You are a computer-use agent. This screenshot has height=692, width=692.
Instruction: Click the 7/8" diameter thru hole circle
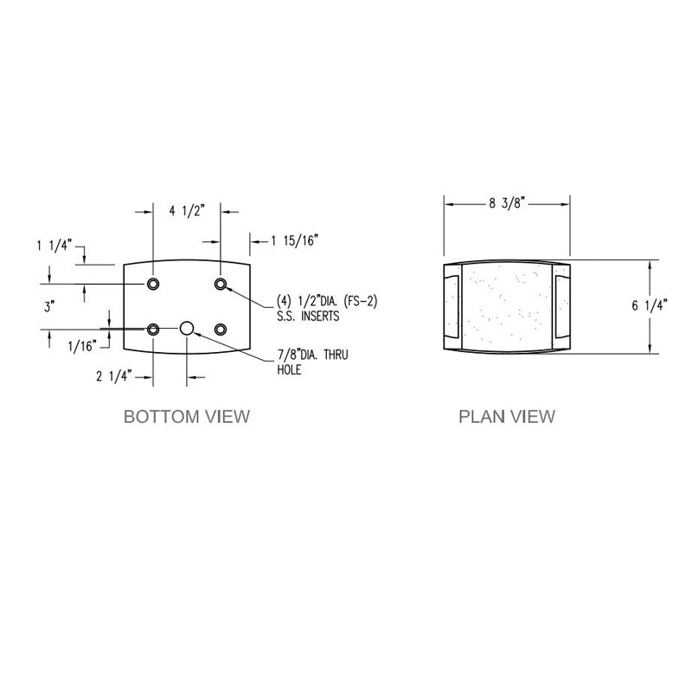tap(187, 329)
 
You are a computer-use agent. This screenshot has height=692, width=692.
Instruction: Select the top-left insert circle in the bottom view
tap(153, 285)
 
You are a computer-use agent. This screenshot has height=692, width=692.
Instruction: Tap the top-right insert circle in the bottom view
tap(221, 285)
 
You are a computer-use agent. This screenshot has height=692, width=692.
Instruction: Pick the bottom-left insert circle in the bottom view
tap(153, 330)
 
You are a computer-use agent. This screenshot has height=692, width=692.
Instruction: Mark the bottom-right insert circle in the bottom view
tap(221, 330)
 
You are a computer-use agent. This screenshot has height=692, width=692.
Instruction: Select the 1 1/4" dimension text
tap(54, 245)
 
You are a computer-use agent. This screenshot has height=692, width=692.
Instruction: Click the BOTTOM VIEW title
tap(187, 417)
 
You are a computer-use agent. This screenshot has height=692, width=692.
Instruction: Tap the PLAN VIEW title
tap(507, 417)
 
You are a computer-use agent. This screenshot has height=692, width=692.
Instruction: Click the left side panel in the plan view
tap(452, 306)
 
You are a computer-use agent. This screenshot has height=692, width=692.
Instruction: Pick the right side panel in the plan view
tap(561, 306)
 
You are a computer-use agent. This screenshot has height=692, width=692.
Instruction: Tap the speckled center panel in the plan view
tap(506, 306)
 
